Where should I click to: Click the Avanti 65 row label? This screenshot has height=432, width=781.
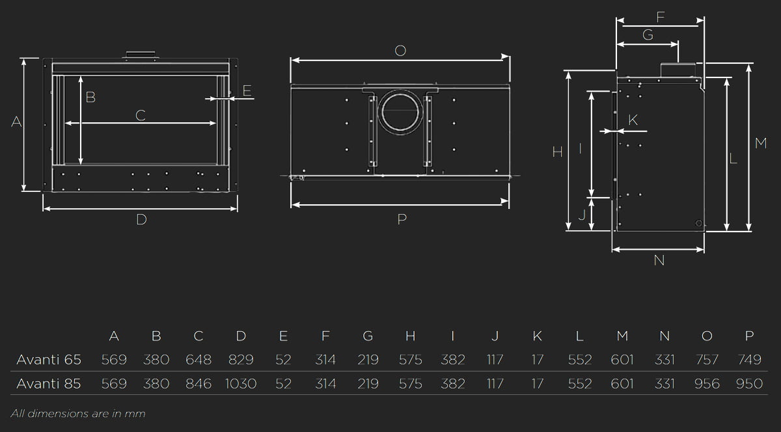pos(49,360)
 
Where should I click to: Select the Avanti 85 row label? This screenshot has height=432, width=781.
pos(49,384)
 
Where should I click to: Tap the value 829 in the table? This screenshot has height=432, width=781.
pos(241,360)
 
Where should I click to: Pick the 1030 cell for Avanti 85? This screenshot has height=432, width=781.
pos(241,384)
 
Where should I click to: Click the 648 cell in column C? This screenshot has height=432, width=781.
pos(199,360)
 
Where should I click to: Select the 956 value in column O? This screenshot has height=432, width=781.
pos(707,384)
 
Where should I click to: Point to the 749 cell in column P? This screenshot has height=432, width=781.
pos(749,360)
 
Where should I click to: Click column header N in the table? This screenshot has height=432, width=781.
pos(665,336)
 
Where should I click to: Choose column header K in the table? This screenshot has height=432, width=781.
pos(538,336)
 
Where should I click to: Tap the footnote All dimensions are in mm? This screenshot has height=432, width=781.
pos(78,414)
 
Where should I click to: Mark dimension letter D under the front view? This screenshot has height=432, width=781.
pos(141,220)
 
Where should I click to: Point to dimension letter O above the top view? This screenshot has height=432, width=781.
pos(401,51)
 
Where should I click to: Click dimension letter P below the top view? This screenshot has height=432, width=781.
pos(402,220)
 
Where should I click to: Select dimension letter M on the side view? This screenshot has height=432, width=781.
pos(761,143)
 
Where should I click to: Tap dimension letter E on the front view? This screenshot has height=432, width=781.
pos(247,91)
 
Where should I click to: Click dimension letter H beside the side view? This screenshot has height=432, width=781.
pos(557,152)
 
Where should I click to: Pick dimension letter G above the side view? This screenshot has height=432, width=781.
pos(648,35)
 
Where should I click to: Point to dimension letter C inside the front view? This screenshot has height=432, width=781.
pos(140,116)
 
